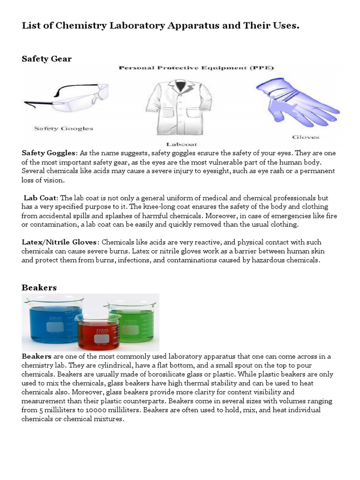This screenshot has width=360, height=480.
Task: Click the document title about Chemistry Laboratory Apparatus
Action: click(x=160, y=25)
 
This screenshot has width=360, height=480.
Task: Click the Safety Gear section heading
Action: click(x=47, y=59)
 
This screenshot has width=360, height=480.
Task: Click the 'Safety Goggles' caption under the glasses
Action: click(x=63, y=128)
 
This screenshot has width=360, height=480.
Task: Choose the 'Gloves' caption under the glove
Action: click(x=306, y=137)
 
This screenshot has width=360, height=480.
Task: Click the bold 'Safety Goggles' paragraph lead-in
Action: click(x=49, y=153)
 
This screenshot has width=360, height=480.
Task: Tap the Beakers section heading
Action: click(x=39, y=287)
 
